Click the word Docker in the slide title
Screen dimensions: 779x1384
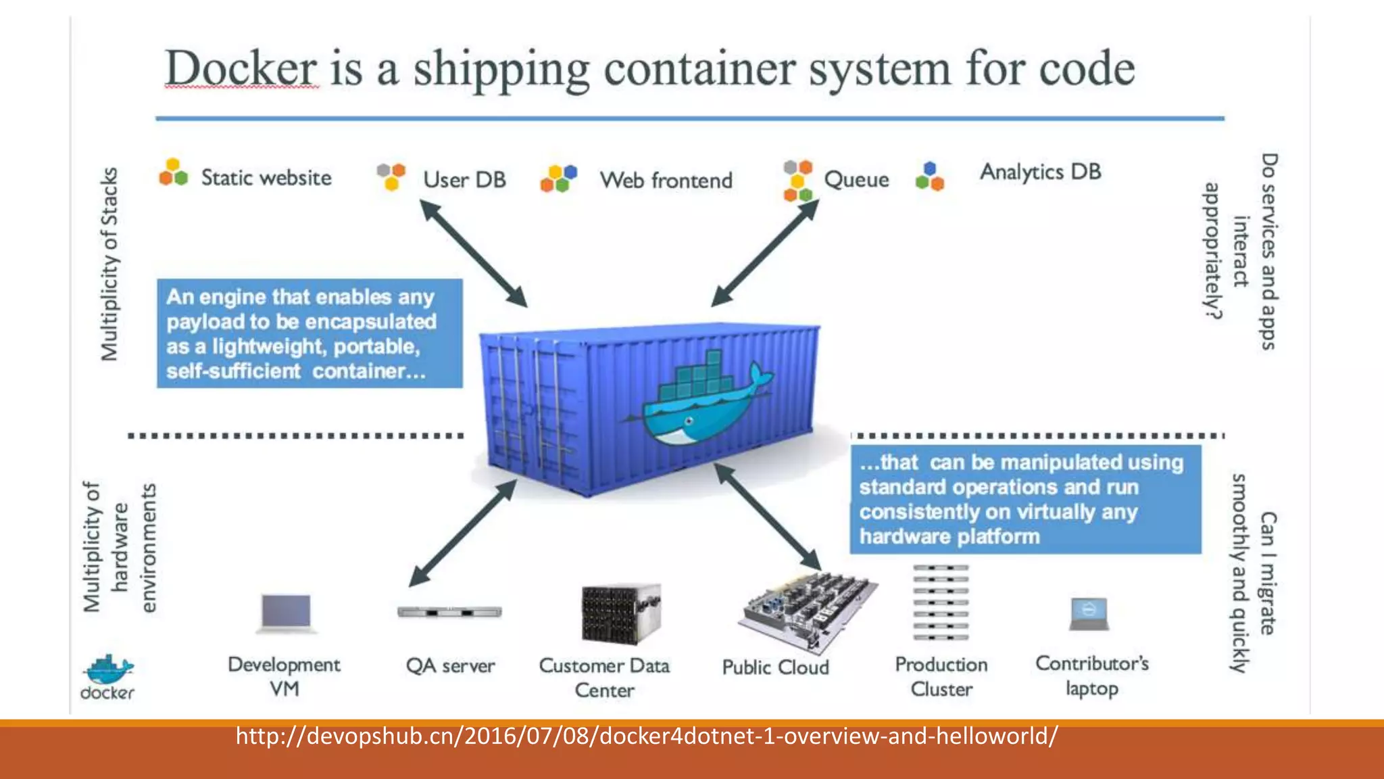pos(241,68)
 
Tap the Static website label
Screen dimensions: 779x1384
pos(266,178)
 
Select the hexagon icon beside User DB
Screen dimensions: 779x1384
pos(391,176)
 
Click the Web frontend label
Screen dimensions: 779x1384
pos(666,181)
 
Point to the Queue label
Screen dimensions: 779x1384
pos(856,180)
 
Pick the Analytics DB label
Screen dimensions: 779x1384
pos(1040,172)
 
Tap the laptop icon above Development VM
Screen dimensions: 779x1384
pos(287,613)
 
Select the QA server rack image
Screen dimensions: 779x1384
pos(449,612)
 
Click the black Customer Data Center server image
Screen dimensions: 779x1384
pos(620,614)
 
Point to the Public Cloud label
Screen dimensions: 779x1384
pos(775,667)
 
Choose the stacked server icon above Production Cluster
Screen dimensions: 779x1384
pos(940,603)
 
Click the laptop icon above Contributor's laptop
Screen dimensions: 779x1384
pos(1089,613)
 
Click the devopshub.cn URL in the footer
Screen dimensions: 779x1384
pos(647,736)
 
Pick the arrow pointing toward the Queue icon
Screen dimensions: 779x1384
pos(766,253)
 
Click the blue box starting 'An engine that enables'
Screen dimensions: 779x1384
pos(310,333)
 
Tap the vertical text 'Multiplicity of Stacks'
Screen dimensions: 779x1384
pos(109,264)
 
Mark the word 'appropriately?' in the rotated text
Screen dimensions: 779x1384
pos(1213,250)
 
